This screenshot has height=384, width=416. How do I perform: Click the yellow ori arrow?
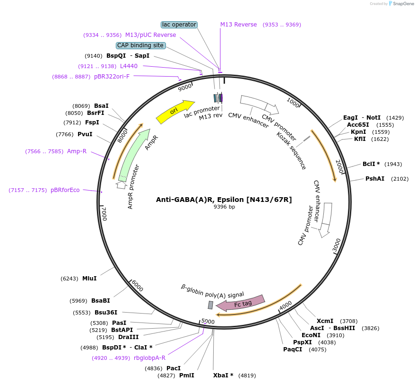click(175, 112)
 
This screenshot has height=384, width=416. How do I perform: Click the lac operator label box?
click(179, 25)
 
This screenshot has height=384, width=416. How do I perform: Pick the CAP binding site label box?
click(141, 45)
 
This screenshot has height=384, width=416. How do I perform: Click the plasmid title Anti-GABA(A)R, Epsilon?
click(224, 200)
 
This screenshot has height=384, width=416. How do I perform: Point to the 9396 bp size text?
click(224, 207)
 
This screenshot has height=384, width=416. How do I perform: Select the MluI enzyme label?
click(89, 279)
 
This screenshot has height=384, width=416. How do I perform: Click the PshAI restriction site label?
click(375, 179)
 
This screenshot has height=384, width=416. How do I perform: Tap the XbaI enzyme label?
click(223, 375)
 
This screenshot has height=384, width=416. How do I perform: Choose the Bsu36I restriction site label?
click(106, 313)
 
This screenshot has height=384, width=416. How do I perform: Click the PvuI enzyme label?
click(85, 134)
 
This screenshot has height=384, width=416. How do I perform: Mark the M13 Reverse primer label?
click(239, 25)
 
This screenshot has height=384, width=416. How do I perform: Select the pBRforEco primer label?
click(65, 190)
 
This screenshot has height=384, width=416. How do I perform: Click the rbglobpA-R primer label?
click(149, 358)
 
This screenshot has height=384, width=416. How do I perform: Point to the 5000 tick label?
click(208, 322)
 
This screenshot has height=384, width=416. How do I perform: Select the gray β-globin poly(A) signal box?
click(210, 305)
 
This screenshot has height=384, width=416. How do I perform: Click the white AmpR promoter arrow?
click(121, 185)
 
